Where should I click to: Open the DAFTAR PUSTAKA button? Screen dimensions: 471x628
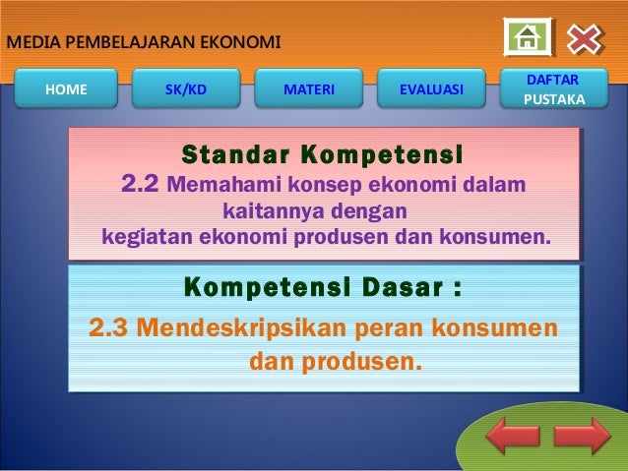point(553,88)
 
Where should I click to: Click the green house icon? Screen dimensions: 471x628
point(528,38)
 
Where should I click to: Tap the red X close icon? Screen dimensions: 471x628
point(583,38)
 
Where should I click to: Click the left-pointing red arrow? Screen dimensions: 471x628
point(513,436)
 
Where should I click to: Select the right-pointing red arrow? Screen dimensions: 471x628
point(582,436)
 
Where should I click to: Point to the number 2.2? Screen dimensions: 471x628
point(140,184)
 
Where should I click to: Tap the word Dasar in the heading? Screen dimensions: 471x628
point(378,289)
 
